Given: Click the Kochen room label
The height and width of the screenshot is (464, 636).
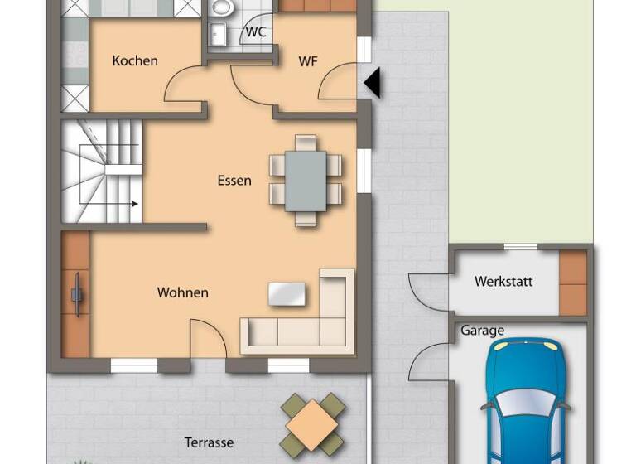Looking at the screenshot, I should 135,60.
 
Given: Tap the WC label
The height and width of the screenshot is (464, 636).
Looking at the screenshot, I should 256,32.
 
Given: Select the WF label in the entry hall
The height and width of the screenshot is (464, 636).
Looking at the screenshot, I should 308,60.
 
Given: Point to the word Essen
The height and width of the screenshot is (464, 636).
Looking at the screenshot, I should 234,181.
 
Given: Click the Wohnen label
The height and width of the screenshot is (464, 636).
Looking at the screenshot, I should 183,292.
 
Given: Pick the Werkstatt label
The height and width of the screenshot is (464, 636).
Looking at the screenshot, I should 503,282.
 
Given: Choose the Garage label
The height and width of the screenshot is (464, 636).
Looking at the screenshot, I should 482,331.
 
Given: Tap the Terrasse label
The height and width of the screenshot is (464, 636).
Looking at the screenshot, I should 210,442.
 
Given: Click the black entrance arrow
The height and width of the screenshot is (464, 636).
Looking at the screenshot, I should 373,83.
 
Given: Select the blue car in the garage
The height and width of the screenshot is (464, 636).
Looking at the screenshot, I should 525,402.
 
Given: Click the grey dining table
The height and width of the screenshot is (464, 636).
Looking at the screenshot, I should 306,181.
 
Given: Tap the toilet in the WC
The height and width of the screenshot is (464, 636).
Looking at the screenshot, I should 221,7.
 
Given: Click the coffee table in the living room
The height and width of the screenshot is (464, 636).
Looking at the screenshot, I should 286,293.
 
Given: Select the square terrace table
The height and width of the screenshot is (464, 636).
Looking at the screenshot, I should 312,424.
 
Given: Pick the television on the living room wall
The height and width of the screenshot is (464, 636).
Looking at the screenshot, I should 76,293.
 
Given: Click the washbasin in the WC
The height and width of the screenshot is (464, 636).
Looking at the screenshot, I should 217,35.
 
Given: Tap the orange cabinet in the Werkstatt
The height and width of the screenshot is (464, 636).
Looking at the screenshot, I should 572,282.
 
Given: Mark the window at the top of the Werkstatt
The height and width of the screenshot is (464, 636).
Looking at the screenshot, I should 520,246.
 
